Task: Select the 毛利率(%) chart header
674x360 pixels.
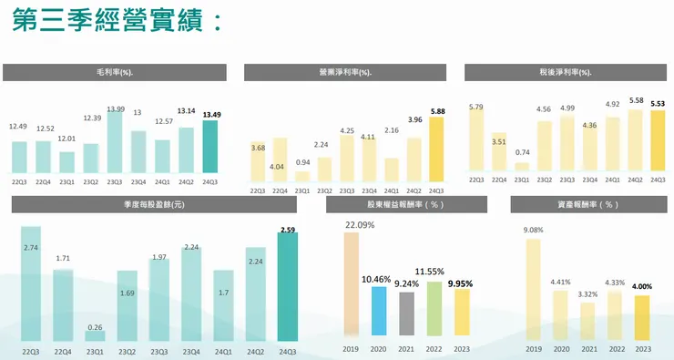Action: tap(115, 72)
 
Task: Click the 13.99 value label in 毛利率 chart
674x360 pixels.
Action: tap(116, 109)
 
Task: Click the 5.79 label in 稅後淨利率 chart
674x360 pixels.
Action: tap(475, 108)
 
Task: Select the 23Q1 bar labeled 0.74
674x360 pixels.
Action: tap(522, 166)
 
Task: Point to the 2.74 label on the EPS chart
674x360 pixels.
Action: tap(31, 248)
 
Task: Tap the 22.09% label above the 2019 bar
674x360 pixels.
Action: tap(353, 224)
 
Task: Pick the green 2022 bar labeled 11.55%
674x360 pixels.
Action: tap(434, 309)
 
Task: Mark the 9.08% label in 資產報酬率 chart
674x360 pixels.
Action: tap(534, 230)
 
